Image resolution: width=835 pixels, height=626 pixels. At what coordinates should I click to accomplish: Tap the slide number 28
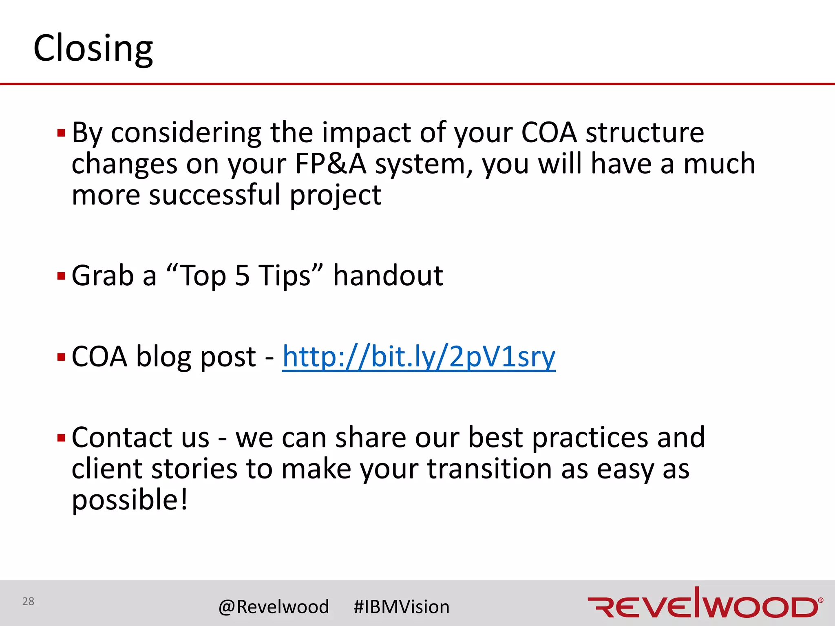(x=28, y=601)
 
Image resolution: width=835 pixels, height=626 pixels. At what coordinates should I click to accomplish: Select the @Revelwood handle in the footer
(x=274, y=607)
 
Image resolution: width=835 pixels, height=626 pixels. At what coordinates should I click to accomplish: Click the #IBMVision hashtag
(x=401, y=607)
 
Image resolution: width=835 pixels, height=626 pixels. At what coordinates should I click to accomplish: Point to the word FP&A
(x=330, y=164)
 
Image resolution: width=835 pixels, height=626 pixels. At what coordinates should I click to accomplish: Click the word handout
(x=388, y=276)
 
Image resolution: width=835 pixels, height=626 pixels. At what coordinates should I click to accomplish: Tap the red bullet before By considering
(x=62, y=133)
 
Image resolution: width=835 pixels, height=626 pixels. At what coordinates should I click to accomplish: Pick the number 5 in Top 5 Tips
(x=242, y=276)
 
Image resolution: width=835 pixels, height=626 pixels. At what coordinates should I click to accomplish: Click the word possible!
(x=130, y=500)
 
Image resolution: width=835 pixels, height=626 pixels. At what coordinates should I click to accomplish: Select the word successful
(x=215, y=195)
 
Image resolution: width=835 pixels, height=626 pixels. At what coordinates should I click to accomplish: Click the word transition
(x=490, y=469)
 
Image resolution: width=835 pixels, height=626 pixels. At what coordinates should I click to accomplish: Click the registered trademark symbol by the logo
(x=820, y=600)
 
